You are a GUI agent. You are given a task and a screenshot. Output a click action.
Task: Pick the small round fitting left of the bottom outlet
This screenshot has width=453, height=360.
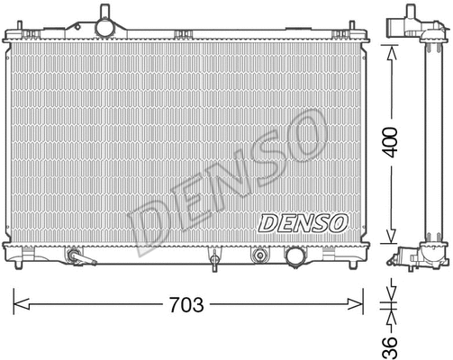pos(262,255)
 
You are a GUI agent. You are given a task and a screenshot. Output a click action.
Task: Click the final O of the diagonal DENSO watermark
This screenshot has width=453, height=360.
pos(303,135)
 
